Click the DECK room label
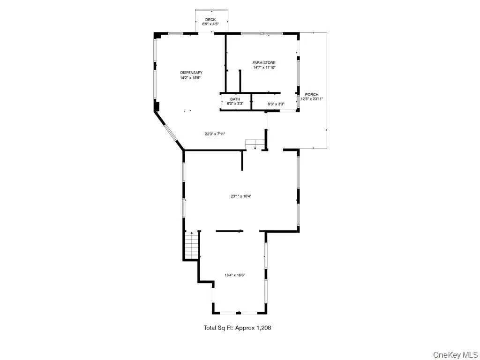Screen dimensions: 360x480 click(210, 20)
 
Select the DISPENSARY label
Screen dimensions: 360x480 click(191, 73)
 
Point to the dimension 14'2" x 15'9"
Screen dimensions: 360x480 click(191, 78)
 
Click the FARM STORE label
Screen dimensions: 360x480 click(264, 63)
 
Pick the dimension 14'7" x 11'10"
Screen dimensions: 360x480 click(264, 67)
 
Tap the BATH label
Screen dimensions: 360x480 click(235, 99)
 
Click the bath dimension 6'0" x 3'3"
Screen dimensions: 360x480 click(235, 104)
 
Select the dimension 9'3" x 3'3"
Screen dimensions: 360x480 click(276, 104)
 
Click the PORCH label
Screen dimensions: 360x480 click(312, 95)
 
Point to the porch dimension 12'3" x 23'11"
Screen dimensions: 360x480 click(312, 99)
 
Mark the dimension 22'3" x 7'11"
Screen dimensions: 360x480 click(215, 134)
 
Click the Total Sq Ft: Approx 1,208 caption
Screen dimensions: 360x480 click(237, 328)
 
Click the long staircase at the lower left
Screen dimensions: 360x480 click(192, 245)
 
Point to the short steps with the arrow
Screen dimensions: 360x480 click(254, 144)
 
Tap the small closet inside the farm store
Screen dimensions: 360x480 click(233, 81)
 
